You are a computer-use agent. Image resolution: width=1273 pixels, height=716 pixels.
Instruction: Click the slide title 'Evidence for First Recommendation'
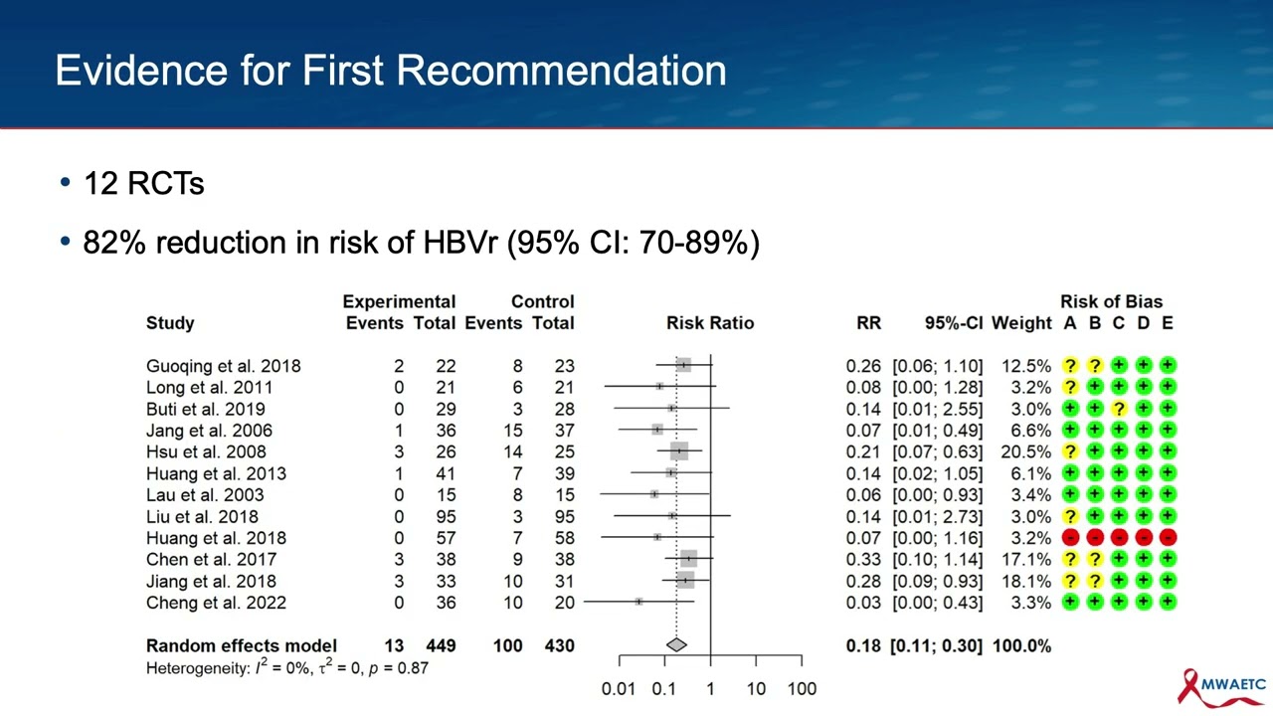[x=390, y=71]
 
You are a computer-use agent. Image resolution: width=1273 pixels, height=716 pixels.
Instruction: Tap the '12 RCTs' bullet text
[x=143, y=184]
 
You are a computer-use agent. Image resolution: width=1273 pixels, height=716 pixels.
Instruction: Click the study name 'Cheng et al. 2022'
[x=216, y=603]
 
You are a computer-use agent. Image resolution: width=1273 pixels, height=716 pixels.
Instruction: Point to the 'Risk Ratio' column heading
[x=710, y=323]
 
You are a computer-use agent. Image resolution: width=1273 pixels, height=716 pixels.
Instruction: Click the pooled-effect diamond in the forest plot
[x=676, y=645]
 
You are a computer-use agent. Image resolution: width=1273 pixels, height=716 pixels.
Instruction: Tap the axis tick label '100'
[x=802, y=688]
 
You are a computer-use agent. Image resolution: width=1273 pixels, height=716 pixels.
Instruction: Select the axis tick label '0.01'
[x=618, y=688]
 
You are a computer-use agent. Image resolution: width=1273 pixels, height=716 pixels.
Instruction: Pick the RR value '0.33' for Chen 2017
[x=863, y=560]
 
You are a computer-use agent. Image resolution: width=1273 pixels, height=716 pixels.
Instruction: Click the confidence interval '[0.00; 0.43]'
[x=937, y=603]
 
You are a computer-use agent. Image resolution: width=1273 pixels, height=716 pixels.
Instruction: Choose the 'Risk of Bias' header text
[x=1111, y=301]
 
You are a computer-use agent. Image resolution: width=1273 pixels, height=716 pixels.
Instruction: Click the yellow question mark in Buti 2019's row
[x=1119, y=409]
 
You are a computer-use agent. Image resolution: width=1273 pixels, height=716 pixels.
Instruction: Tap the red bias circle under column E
[x=1168, y=538]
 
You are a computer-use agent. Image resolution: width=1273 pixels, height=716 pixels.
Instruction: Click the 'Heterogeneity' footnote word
[x=196, y=668]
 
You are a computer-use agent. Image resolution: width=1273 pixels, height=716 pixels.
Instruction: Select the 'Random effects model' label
[x=242, y=646]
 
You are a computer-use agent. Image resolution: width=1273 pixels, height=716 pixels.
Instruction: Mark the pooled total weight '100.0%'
[x=1021, y=646]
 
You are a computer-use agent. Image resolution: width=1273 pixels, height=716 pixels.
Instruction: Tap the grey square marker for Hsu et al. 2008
[x=679, y=451]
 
